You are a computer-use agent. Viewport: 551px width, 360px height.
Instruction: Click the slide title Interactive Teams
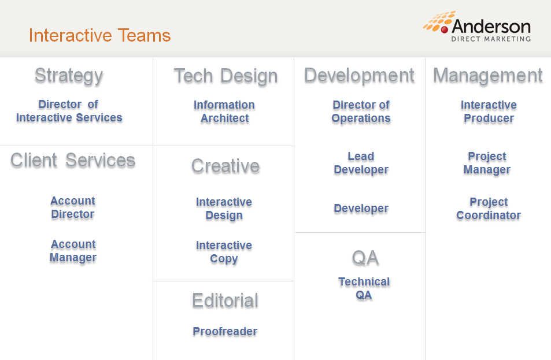(100, 35)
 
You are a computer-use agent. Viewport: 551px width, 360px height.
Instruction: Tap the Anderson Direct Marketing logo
(477, 27)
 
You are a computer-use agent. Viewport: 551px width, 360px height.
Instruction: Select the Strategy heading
(69, 76)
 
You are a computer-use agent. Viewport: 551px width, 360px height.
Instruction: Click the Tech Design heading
(225, 76)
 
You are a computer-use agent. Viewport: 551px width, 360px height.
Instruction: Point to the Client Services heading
(73, 160)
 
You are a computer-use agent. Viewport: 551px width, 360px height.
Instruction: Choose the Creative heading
(225, 166)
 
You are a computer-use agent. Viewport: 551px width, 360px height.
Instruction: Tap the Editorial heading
(225, 300)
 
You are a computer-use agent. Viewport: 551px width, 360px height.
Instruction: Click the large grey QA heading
(365, 258)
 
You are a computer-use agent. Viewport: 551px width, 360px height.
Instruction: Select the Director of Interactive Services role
(69, 111)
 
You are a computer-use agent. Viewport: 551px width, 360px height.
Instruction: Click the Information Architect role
(224, 112)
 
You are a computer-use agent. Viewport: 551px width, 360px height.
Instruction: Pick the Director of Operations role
(361, 112)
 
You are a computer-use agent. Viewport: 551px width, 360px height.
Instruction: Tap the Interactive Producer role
(489, 112)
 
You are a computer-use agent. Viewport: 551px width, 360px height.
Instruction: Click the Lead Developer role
(361, 163)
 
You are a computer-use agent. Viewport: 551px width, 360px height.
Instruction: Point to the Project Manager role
(487, 163)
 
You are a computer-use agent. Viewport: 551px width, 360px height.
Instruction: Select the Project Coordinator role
(489, 209)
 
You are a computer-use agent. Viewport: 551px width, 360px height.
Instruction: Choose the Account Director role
(73, 207)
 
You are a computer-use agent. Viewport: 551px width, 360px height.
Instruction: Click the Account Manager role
(73, 251)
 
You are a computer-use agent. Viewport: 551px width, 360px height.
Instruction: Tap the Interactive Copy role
(224, 252)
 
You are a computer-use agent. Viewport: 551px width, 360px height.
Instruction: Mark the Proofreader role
(225, 331)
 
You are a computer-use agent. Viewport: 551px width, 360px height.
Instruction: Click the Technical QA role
(364, 288)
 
